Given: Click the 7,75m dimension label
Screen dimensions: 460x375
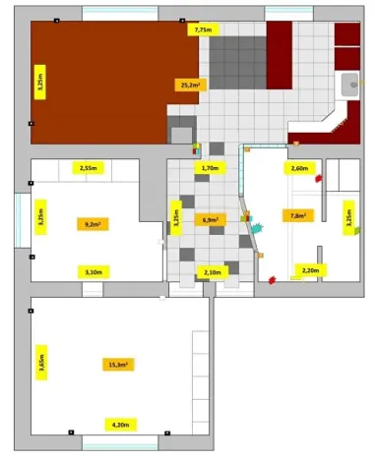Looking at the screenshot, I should (x=203, y=30).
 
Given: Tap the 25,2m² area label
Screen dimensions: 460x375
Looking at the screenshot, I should (x=189, y=86).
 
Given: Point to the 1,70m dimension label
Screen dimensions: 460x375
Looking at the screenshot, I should (x=210, y=168).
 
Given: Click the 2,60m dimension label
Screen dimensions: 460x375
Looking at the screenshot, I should (x=299, y=168).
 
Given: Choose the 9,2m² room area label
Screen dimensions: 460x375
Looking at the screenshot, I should (x=94, y=224).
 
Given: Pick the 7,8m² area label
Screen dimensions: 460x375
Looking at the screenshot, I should (x=294, y=215).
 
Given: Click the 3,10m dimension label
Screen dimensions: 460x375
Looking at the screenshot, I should (x=94, y=270).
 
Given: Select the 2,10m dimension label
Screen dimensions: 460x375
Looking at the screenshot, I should (x=211, y=271).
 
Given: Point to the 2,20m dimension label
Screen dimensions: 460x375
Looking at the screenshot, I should (x=308, y=269).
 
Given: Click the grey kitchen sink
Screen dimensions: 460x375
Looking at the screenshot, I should (x=350, y=86).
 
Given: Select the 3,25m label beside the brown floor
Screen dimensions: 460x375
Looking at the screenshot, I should (x=40, y=78).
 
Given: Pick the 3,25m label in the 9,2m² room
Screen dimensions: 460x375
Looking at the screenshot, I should (x=40, y=217).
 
